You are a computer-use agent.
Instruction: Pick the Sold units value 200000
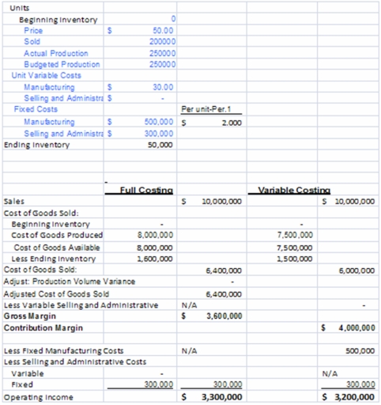161,41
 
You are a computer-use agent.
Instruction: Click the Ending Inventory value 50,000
161,146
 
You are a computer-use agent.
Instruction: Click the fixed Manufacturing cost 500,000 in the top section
160,123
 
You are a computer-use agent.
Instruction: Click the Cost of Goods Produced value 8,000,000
156,235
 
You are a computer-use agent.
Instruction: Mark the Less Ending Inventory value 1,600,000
156,258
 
